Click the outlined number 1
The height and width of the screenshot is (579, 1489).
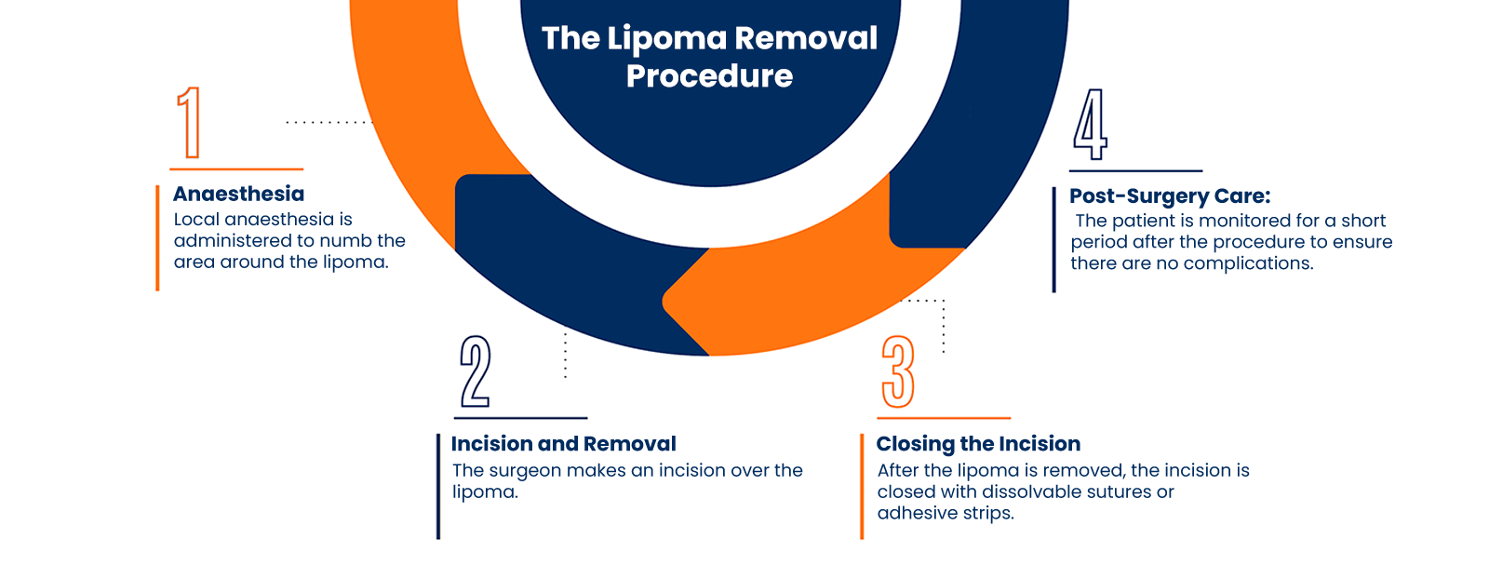[x=190, y=122]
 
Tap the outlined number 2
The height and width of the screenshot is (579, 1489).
[x=476, y=371]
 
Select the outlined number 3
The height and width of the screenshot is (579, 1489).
[x=898, y=371]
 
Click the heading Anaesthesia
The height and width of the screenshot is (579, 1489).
[x=239, y=194]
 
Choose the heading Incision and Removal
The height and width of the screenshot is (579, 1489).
[x=563, y=444]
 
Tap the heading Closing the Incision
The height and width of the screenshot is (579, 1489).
[x=978, y=444]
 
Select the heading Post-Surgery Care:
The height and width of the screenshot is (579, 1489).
[x=1170, y=196]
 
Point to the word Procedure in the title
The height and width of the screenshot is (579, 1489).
[x=709, y=76]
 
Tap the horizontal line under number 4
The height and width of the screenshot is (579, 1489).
[x=1135, y=171]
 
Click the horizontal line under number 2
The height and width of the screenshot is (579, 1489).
[x=520, y=418]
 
